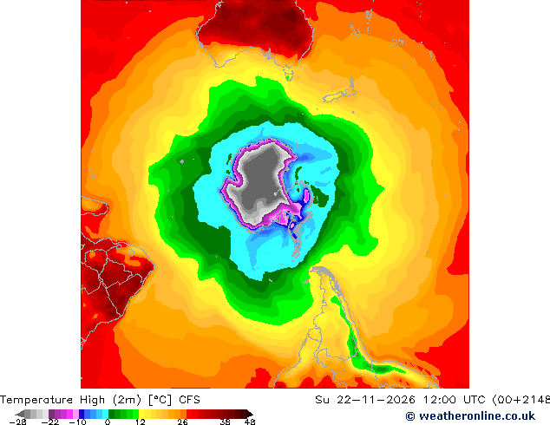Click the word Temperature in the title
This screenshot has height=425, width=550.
pos(36,400)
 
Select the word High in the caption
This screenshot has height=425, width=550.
pos(92,400)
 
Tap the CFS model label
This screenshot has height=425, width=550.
pos(189,400)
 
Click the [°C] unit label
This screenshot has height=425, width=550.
pos(160,400)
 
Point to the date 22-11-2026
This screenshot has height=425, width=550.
pos(376,400)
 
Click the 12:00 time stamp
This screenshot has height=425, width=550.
pos(440,400)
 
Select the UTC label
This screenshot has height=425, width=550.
pos(475,400)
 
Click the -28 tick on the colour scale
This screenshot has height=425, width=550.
pos(17,422)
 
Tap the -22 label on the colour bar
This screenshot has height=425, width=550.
pos(50,422)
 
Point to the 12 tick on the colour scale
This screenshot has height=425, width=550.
pos(141,422)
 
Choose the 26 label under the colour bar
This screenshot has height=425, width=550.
pos(182,422)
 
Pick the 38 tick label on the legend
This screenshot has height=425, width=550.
pos(226,422)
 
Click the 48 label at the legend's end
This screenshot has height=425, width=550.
pos(250,422)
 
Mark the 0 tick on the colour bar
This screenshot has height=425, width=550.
pos(108,422)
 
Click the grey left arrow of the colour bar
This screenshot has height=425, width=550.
pos(20,414)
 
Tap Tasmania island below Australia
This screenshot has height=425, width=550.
pos(289,75)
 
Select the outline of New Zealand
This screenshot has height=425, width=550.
pos(339,91)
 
